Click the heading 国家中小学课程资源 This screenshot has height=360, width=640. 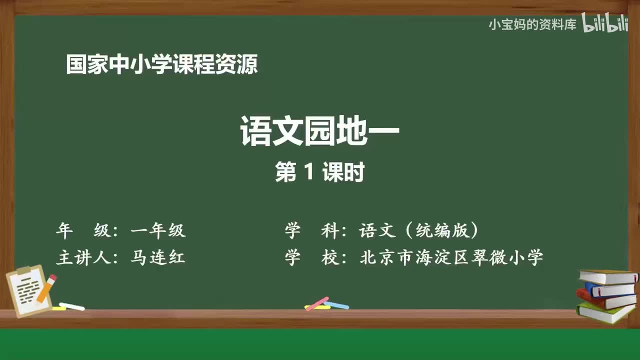(x=161, y=65)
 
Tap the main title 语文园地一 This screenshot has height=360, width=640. (x=320, y=131)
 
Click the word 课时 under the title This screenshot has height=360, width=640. (x=343, y=173)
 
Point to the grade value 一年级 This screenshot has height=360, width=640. (x=158, y=230)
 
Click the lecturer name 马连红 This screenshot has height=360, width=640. (x=158, y=257)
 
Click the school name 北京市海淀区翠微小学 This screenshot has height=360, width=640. (x=451, y=257)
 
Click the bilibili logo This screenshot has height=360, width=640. (x=604, y=24)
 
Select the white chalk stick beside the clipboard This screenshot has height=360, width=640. (x=71, y=306)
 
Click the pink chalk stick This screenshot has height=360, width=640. (x=316, y=303)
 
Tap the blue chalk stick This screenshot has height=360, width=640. (x=337, y=304)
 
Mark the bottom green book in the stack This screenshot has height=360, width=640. (x=606, y=313)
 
